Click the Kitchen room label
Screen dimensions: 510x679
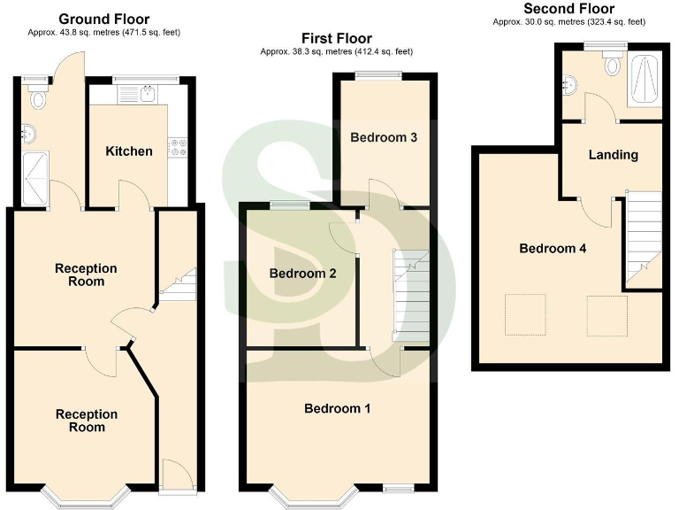point(129,151)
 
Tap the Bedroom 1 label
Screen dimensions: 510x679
point(337,408)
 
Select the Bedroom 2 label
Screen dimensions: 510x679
point(302,274)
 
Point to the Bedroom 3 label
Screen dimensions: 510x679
point(384,137)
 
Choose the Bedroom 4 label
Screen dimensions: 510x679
point(553,249)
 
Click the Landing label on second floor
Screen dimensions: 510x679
point(614,155)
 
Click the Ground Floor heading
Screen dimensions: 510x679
point(104,19)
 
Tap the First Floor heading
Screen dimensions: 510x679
point(336,38)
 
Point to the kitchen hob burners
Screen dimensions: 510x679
point(178,146)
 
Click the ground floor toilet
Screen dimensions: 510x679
point(36,100)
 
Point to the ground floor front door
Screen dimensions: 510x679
point(174,475)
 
